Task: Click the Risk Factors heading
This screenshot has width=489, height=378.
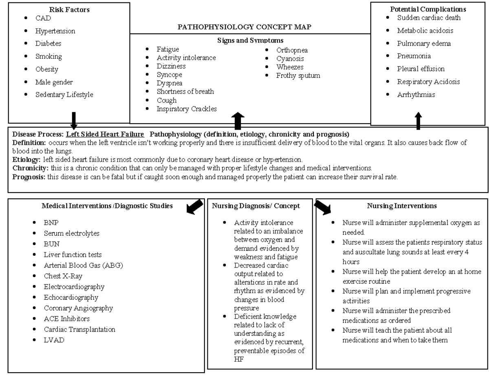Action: [69, 9]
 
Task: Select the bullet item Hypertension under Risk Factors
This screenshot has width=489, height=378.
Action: [55, 31]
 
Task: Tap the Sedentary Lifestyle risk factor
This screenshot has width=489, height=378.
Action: [64, 95]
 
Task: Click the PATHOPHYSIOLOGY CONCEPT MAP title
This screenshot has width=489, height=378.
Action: [244, 27]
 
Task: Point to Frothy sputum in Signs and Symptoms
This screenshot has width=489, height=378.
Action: [298, 75]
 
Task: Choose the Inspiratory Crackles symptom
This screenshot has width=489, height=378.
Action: [187, 109]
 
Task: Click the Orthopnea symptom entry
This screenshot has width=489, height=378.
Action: [292, 50]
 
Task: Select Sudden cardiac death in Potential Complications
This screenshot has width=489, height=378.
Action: [429, 18]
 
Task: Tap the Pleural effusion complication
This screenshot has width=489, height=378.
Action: [421, 69]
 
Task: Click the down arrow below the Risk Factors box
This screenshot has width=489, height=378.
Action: [74, 120]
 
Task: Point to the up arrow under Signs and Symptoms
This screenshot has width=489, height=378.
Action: [238, 121]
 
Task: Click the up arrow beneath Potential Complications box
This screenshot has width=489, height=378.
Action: [419, 122]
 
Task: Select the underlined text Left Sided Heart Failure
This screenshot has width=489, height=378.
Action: [105, 134]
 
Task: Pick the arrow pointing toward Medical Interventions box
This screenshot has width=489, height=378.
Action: [194, 206]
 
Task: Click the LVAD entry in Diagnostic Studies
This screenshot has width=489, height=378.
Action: [54, 340]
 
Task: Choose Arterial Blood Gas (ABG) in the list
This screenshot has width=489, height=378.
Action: [83, 265]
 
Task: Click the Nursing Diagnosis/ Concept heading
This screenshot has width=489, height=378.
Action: [256, 206]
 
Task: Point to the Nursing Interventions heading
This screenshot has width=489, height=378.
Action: [401, 206]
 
